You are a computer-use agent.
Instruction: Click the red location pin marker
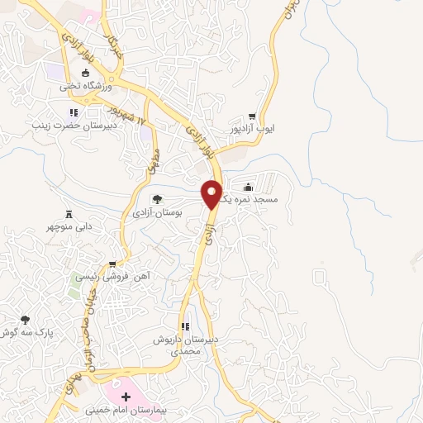click(212, 194)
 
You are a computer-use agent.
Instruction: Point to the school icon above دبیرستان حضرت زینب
click(73, 112)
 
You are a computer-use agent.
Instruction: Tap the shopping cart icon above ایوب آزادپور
click(252, 117)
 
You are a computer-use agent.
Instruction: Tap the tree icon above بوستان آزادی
click(157, 199)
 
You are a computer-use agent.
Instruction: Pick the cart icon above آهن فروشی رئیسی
click(112, 265)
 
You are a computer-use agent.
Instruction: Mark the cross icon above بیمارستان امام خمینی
click(126, 397)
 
